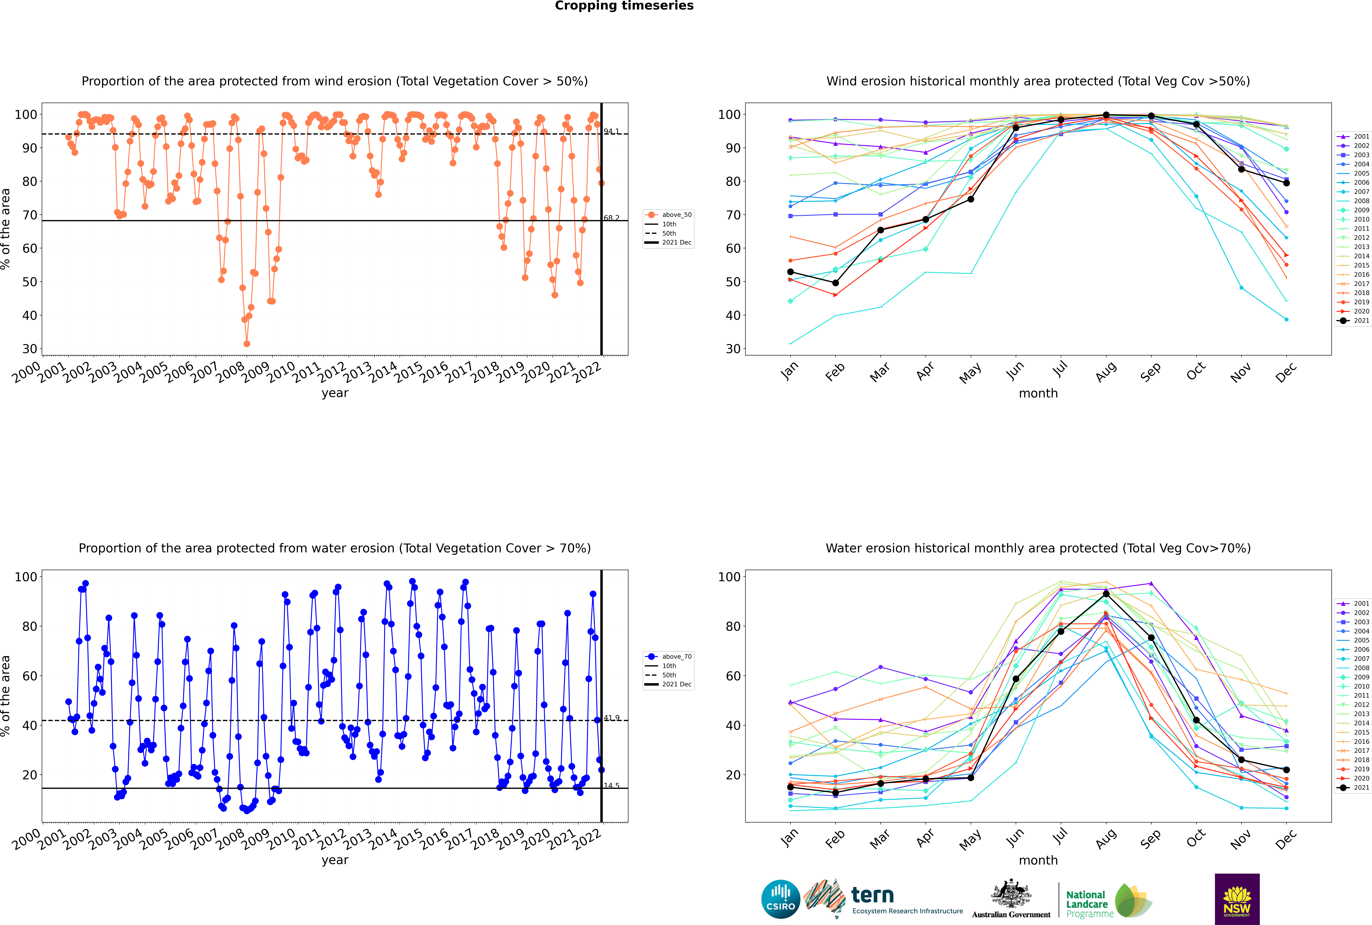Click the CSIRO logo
tap(780, 899)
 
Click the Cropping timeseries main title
tap(624, 6)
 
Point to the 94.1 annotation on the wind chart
tap(612, 131)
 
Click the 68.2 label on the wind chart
tap(612, 218)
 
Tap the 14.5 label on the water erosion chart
tap(612, 785)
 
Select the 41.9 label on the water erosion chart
tap(612, 717)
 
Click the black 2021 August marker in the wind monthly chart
tap(1106, 115)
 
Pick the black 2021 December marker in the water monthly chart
tap(1287, 770)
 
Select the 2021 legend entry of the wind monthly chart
tap(1354, 320)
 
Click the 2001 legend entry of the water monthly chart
tap(1354, 603)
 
